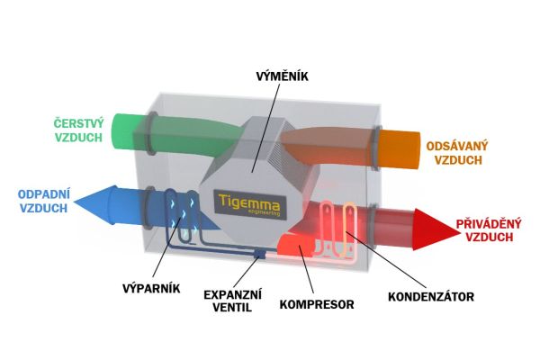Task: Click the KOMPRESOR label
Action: point(319,303)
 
